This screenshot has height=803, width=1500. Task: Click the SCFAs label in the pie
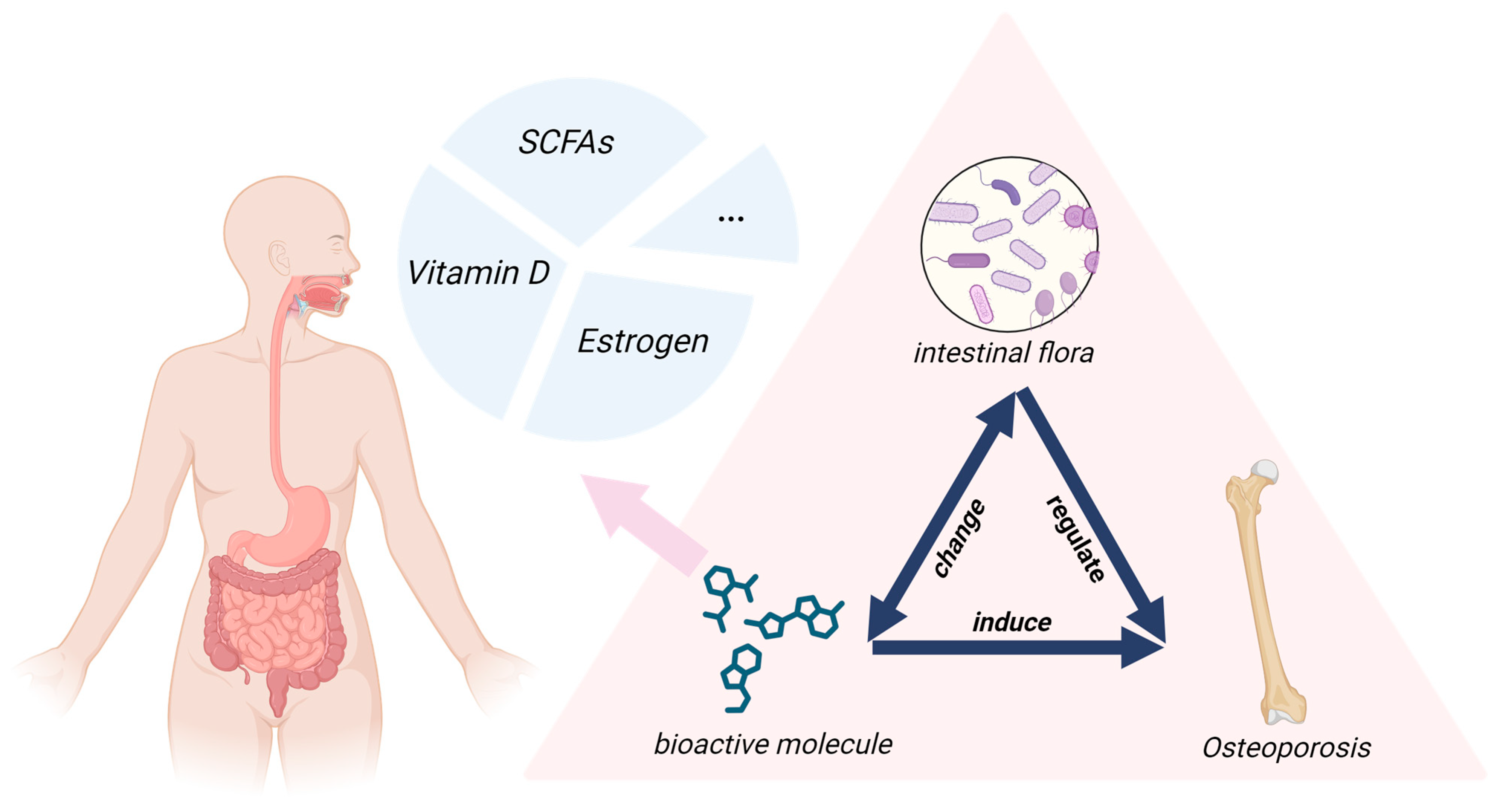coord(566,142)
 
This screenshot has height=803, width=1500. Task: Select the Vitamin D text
coord(478,273)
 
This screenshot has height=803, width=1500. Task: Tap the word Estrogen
coord(642,341)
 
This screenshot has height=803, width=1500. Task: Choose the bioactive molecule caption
coord(773,745)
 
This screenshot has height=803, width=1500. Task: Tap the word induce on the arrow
coord(1012,623)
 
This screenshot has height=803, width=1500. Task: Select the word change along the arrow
coord(959,539)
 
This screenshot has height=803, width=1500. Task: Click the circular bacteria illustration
coord(1009,245)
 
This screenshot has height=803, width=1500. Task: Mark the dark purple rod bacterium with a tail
coord(968,260)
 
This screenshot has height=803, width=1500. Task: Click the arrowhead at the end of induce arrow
coord(1141,648)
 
